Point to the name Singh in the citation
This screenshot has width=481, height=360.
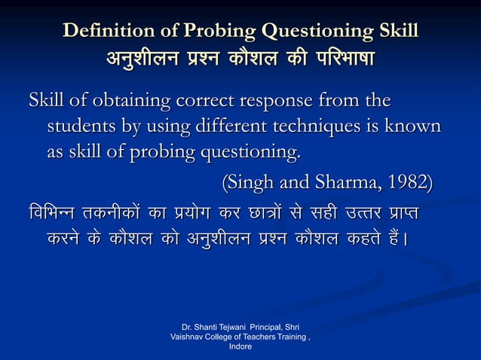[254, 182]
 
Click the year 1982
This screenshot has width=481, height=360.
[401, 182]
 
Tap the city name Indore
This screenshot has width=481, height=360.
[240, 347]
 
